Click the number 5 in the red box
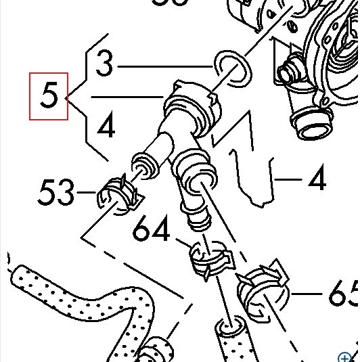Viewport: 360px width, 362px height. tap(49, 96)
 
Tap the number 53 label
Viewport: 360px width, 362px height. tap(55, 194)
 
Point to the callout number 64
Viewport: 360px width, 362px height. tap(152, 231)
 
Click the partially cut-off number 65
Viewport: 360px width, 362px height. tap(342, 294)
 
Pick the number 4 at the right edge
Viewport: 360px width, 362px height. tap(316, 179)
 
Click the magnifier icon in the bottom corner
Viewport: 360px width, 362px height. tap(347, 356)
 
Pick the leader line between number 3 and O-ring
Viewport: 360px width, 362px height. tap(166, 67)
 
